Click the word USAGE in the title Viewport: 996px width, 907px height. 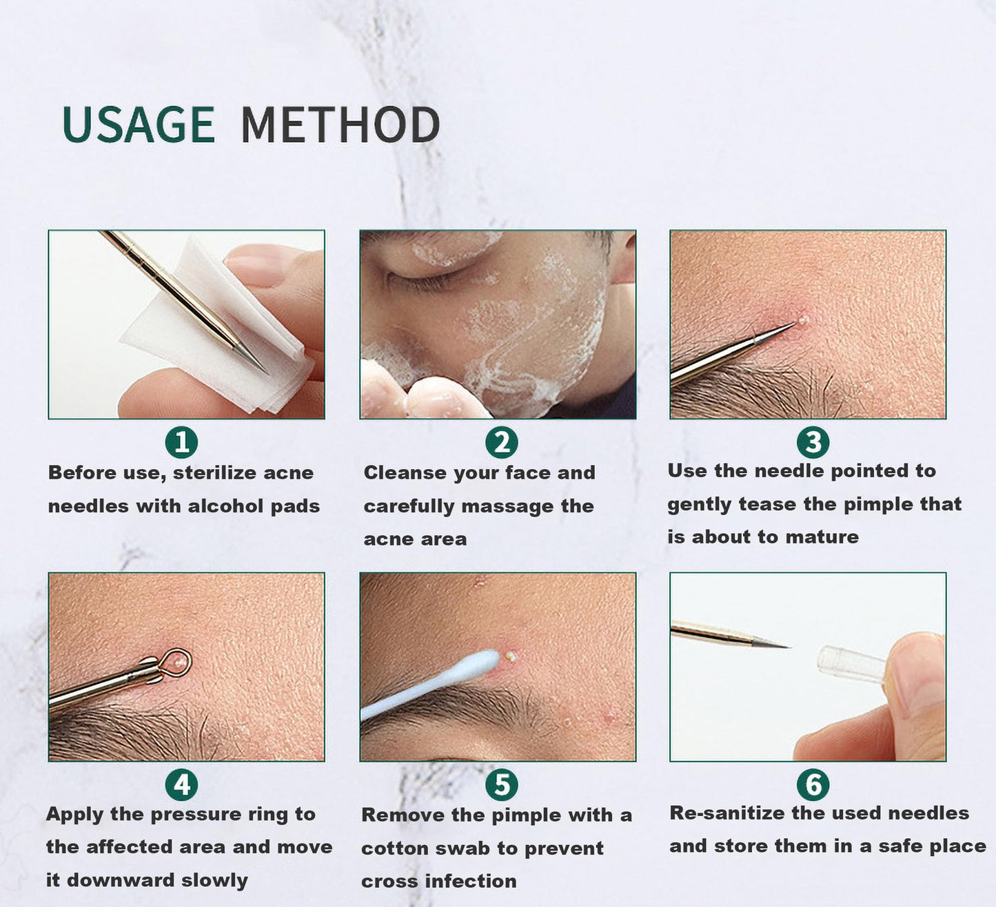click(139, 125)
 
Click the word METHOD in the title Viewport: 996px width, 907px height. click(340, 125)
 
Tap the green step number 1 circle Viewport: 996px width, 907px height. click(181, 442)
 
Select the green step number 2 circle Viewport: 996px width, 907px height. click(501, 442)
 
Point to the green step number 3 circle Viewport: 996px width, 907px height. click(813, 442)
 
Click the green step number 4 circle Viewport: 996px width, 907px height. click(181, 784)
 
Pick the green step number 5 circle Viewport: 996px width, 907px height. click(501, 784)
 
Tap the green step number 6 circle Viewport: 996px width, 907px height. click(813, 784)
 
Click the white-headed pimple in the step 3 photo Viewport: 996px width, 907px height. click(802, 320)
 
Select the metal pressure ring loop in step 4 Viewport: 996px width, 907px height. click(177, 661)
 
